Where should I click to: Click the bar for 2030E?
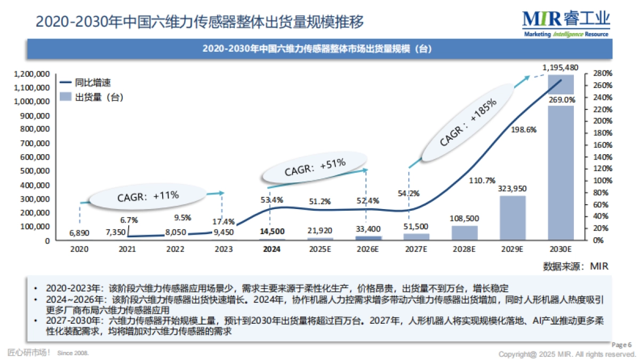coord(560,171)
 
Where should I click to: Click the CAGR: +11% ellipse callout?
coord(147,196)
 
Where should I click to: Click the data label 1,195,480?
coord(560,68)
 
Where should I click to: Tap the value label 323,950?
coord(512,189)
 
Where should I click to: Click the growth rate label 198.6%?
coord(523,129)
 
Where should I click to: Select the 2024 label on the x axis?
coord(271,249)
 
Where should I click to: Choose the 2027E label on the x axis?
coord(415,249)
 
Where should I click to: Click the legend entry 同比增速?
coord(92,83)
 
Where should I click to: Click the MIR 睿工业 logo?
coord(566,23)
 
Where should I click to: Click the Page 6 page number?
coord(621,345)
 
